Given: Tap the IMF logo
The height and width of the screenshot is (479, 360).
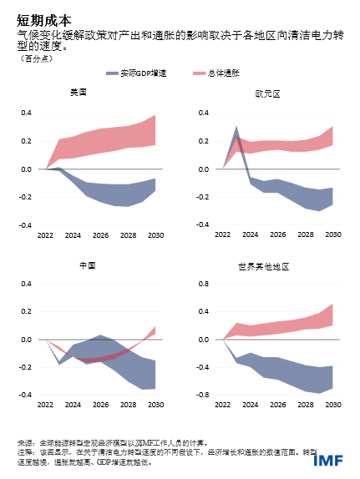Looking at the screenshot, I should (x=327, y=460).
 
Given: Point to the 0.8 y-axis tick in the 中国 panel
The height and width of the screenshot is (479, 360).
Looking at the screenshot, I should (x=26, y=283).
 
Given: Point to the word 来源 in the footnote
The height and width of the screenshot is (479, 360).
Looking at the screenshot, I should (x=25, y=441).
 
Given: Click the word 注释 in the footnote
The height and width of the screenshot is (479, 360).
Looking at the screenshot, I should (x=25, y=451).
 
